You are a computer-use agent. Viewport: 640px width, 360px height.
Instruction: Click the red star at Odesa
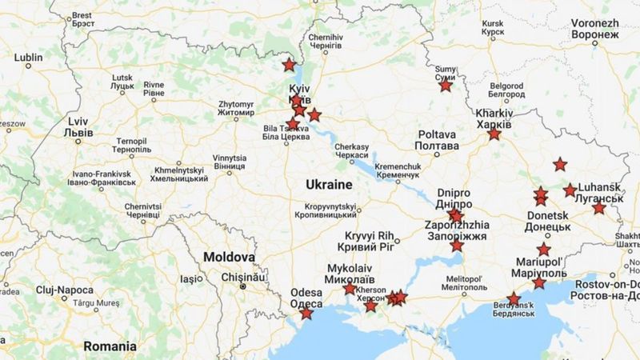[306, 314]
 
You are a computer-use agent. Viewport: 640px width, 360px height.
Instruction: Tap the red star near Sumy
[446, 86]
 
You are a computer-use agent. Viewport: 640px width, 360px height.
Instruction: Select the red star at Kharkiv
[494, 134]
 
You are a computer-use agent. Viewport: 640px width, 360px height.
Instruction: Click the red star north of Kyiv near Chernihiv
[289, 64]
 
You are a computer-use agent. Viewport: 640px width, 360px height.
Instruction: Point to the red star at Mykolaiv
[350, 288]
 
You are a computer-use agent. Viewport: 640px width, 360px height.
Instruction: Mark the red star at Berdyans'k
[514, 300]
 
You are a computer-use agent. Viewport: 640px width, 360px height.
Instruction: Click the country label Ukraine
[329, 185]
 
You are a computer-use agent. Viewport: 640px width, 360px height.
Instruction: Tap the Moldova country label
[229, 258]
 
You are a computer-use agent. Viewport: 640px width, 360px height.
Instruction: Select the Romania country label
[110, 346]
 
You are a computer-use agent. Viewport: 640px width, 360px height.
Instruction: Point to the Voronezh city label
[595, 29]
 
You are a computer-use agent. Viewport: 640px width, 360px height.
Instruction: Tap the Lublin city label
[27, 58]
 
